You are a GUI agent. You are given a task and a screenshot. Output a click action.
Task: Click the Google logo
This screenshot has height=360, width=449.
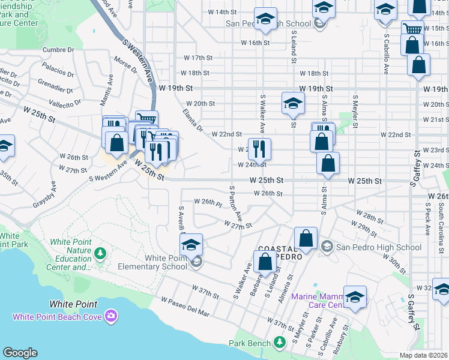click(x=20, y=353)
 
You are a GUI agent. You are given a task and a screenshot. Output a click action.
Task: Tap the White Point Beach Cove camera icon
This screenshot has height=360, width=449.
click(x=110, y=316)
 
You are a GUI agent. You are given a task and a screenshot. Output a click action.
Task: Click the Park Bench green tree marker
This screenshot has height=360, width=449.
click(x=279, y=343)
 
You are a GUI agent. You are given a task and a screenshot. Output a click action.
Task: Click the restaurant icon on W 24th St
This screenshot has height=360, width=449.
click(x=259, y=148)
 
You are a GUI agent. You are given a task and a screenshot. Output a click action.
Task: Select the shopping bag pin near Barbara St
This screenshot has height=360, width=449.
click(x=265, y=261)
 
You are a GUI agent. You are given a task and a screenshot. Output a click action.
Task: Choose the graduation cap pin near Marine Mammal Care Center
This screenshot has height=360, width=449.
click(x=355, y=297)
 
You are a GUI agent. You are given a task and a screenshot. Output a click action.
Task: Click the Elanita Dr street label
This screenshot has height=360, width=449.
click(x=193, y=120)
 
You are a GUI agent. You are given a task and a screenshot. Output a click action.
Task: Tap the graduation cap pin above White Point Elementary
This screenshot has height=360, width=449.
click(x=191, y=244)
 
